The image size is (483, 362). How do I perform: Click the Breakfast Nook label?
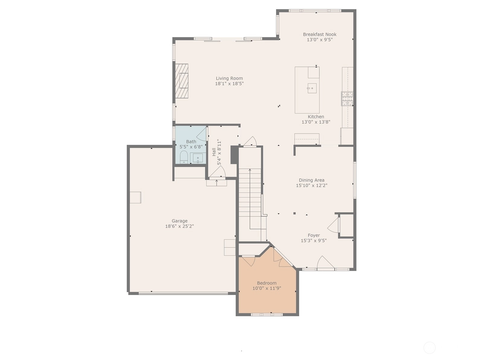coord(319,34)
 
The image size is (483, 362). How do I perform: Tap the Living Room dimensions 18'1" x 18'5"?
coord(229,84)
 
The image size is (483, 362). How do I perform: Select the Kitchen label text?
coord(316,117)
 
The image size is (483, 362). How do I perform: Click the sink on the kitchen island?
coord(312,88)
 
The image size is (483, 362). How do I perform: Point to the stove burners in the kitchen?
coord(347,99)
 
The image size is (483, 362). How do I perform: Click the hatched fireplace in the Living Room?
coord(182,81)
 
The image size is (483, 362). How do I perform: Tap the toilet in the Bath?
coord(184,157)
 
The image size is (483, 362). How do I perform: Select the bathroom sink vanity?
coord(198,158)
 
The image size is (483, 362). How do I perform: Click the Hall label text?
coord(214,152)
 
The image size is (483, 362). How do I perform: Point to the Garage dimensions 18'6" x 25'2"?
coord(180,226)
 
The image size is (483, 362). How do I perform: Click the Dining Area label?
coord(312,180)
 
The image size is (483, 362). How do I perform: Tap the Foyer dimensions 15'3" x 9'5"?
coord(314,240)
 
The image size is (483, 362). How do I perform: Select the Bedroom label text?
coord(267,283)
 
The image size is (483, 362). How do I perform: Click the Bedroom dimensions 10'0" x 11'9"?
coord(267,288)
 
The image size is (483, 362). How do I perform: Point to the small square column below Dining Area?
coord(294,213)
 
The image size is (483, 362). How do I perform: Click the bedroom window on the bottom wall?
coord(267,315)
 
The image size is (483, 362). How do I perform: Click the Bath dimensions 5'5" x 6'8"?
coord(191,147)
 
